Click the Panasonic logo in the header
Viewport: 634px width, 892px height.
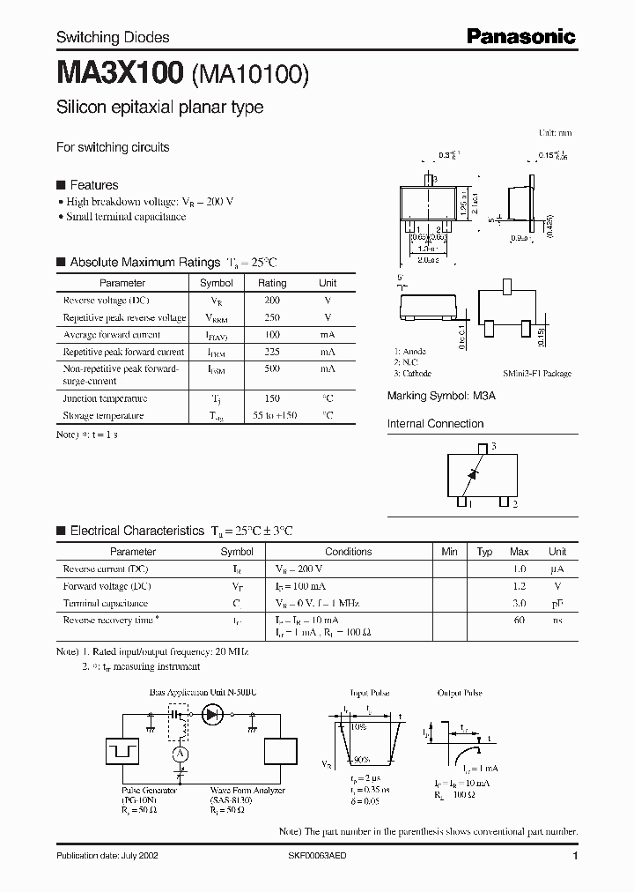520,36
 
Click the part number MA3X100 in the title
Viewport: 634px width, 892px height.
120,74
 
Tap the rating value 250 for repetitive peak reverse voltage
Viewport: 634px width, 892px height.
271,317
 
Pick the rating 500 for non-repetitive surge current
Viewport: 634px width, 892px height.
271,368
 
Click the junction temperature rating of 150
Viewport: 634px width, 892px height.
271,398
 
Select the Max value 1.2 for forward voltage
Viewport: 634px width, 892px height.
520,585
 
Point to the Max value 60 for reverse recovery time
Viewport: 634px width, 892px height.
520,621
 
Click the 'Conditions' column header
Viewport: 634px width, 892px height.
349,552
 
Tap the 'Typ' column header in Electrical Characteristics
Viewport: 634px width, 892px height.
484,552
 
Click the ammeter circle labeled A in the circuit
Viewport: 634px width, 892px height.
180,753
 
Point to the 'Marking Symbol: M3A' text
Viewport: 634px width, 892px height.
441,397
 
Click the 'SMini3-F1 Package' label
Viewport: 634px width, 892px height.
537,374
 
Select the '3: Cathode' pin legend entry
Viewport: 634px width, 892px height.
414,374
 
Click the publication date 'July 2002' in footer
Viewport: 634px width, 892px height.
107,856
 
